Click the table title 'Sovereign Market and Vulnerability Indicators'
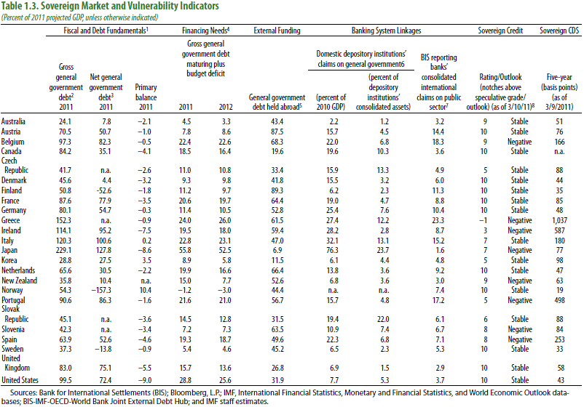(x=130, y=6)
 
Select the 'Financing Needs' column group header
(x=205, y=31)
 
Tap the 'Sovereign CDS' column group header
(x=559, y=31)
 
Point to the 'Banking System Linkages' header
(x=386, y=31)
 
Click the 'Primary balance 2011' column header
(x=146, y=97)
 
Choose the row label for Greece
(x=10, y=220)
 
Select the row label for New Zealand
(x=20, y=281)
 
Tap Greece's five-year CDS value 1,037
(x=559, y=220)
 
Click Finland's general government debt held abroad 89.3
(x=277, y=190)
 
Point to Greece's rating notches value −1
(x=483, y=220)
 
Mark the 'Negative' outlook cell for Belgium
(x=520, y=142)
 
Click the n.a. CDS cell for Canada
(x=559, y=152)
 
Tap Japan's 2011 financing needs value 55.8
(x=185, y=251)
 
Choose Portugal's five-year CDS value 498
(x=559, y=300)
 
